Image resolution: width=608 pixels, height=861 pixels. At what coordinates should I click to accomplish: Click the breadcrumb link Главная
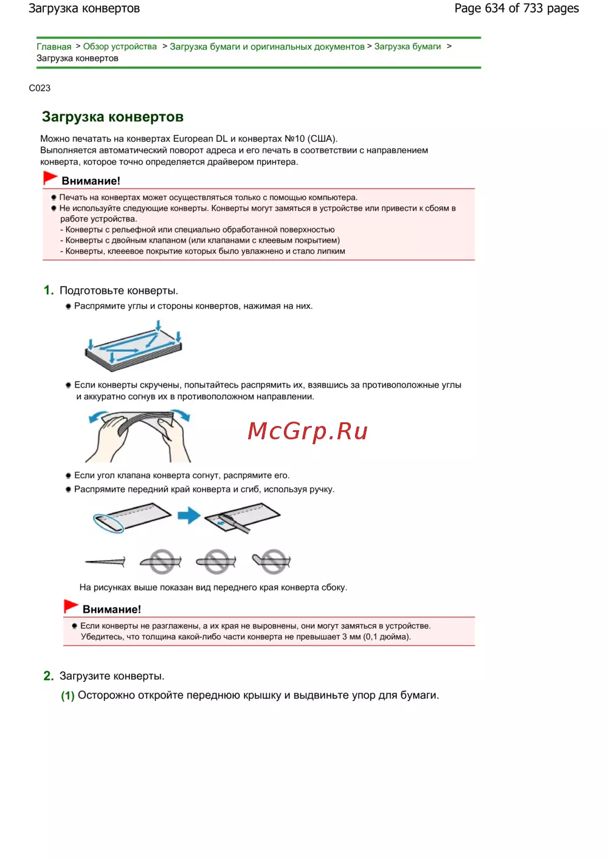click(x=54, y=47)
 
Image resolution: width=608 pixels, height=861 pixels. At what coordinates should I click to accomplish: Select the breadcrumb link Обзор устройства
click(x=120, y=47)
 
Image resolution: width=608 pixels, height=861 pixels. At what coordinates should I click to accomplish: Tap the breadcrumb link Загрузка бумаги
click(x=407, y=47)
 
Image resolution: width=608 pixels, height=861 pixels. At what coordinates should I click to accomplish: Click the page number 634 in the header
click(x=494, y=9)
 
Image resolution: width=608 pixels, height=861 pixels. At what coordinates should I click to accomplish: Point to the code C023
click(x=40, y=88)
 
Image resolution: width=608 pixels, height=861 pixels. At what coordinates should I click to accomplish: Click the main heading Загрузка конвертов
click(x=112, y=117)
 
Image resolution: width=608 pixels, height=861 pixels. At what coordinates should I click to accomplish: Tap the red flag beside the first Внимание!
click(x=50, y=178)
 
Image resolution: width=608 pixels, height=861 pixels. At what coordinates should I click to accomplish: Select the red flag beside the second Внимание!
click(x=71, y=607)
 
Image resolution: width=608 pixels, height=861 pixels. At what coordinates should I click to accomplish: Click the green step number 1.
click(x=48, y=290)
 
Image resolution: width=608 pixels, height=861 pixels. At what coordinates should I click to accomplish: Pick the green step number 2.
click(x=48, y=676)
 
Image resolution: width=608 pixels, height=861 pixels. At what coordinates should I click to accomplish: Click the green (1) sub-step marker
click(x=67, y=695)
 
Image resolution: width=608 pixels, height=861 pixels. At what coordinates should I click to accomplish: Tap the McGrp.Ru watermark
click(x=308, y=431)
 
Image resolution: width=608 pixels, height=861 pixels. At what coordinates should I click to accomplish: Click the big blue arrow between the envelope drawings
click(x=189, y=516)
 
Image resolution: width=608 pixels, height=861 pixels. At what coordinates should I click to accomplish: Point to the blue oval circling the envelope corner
click(x=108, y=523)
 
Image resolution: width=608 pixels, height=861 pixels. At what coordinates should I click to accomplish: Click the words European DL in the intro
click(x=200, y=139)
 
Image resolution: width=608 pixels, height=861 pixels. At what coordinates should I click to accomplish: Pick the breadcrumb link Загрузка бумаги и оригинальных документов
click(x=267, y=47)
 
